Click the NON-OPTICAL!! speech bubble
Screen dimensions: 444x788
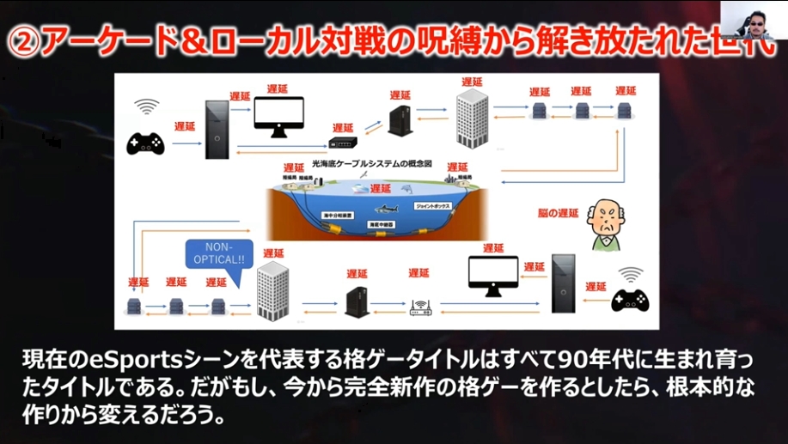tap(219, 252)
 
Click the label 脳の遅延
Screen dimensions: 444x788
tap(563, 213)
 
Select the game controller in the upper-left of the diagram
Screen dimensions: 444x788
tap(145, 143)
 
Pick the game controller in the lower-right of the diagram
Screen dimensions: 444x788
tap(630, 300)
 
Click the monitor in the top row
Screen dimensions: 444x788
tap(278, 116)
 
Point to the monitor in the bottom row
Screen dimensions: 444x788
tap(493, 276)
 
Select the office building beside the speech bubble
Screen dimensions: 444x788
tap(272, 289)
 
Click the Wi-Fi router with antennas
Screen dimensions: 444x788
tap(420, 307)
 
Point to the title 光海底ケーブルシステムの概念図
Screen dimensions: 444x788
tap(384, 163)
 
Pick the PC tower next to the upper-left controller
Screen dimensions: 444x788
tap(217, 129)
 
